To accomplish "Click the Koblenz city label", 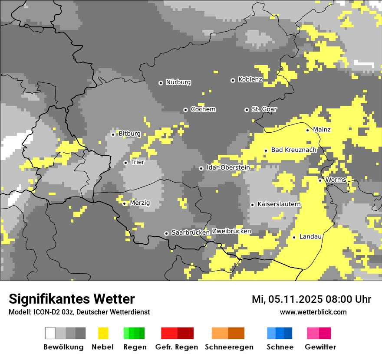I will (x=250, y=79).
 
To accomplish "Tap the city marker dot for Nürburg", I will (x=161, y=82).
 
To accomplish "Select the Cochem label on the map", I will (x=203, y=109).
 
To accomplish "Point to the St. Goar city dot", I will (x=247, y=110).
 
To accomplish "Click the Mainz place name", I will (x=322, y=130).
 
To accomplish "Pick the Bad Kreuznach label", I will (x=293, y=150).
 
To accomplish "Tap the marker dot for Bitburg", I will (x=113, y=134).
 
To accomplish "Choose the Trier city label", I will (x=138, y=162).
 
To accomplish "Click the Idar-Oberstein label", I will (x=228, y=168).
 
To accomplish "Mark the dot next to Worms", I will (x=320, y=180).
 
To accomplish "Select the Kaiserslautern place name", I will (x=279, y=204).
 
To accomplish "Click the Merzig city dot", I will (x=124, y=203).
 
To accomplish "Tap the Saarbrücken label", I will (x=191, y=232).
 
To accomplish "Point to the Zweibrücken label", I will (x=231, y=231).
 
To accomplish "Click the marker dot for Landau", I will (x=294, y=237).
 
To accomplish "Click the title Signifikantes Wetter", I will (x=72, y=299).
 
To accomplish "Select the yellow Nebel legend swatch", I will (x=103, y=333).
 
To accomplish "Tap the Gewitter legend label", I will (x=320, y=347).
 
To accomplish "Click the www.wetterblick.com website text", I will (x=313, y=312).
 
